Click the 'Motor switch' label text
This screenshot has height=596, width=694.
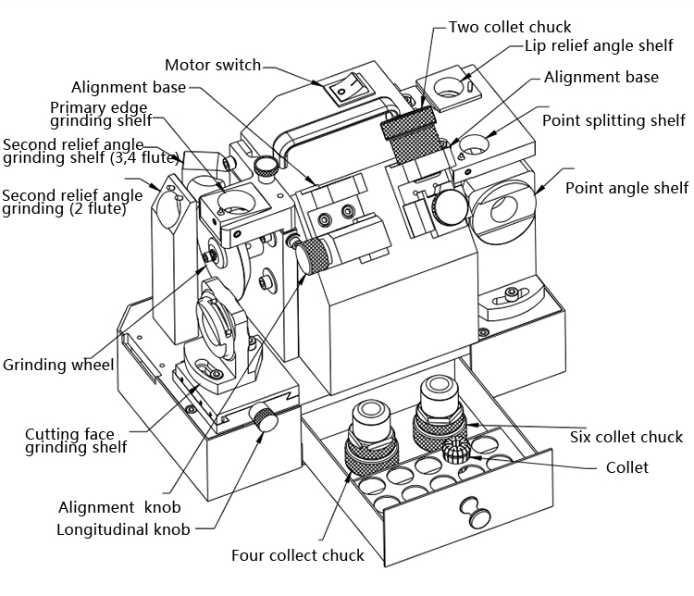click(213, 66)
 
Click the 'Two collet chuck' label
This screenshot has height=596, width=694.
click(510, 27)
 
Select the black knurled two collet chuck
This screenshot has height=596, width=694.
click(410, 132)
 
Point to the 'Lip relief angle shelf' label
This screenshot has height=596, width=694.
click(599, 45)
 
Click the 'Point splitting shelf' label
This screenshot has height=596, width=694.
click(613, 121)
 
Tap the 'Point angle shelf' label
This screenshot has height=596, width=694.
click(626, 188)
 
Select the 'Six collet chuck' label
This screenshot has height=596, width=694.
click(626, 437)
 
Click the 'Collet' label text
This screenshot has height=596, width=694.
click(626, 467)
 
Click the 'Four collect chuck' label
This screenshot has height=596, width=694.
click(297, 556)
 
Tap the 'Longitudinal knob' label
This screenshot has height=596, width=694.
click(123, 530)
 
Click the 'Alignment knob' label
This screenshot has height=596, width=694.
click(119, 507)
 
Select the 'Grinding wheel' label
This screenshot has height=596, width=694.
click(58, 365)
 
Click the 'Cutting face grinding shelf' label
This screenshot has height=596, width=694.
click(76, 441)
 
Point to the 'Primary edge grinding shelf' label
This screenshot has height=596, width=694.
click(100, 114)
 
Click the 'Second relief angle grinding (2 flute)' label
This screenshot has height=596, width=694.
click(72, 203)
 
